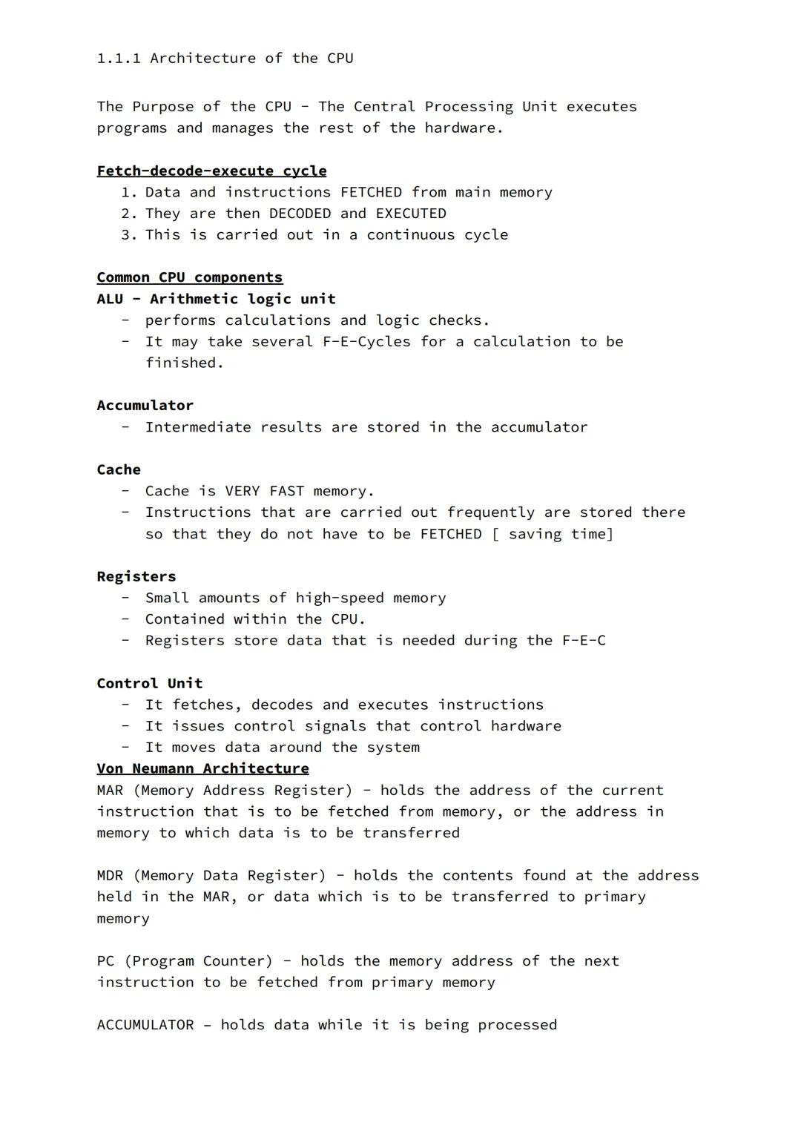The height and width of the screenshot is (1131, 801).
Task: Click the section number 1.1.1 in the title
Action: pos(119,59)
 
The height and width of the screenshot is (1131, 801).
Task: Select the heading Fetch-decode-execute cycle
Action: pos(211,171)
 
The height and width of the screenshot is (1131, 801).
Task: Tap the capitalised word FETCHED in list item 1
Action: pos(371,193)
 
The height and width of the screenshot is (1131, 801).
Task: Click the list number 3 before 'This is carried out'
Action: pos(128,235)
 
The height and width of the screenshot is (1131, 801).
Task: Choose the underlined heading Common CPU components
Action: pos(189,277)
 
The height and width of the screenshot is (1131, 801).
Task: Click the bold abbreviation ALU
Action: pos(110,299)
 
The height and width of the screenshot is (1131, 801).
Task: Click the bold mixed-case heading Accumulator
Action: pos(145,406)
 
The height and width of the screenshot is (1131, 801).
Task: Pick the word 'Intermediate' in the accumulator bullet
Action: pos(198,427)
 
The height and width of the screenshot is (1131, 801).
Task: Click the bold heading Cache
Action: pos(119,470)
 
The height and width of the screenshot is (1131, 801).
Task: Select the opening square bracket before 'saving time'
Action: pos(495,535)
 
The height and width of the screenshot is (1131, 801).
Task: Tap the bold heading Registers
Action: pos(136,577)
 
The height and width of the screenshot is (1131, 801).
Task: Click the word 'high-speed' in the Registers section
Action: pos(340,599)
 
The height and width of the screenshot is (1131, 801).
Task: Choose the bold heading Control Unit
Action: pos(149,684)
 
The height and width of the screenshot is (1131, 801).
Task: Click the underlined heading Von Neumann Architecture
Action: pos(202,769)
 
